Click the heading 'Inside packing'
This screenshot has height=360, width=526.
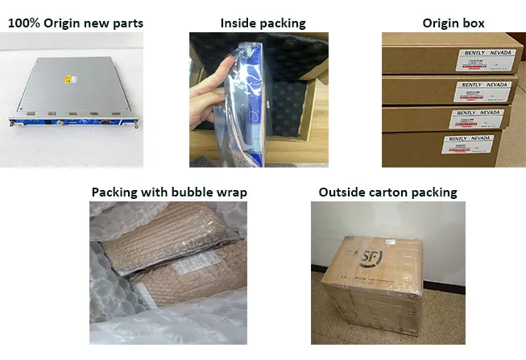click(263, 23)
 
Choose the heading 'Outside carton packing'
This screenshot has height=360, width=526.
click(388, 192)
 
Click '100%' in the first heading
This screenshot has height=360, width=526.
click(23, 23)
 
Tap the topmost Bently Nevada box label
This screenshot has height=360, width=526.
click(483, 56)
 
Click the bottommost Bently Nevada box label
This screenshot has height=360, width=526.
click(469, 146)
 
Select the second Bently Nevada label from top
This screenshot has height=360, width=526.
click(483, 87)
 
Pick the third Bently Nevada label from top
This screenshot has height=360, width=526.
click(477, 118)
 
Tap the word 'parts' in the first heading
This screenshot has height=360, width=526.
click(126, 23)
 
